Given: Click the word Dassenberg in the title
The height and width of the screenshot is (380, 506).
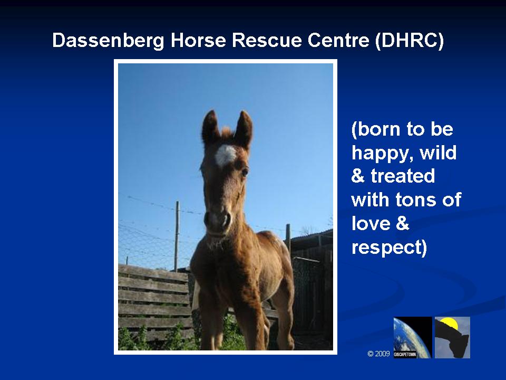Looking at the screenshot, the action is tap(109, 41).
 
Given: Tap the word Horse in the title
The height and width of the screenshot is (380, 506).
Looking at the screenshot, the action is tap(198, 41).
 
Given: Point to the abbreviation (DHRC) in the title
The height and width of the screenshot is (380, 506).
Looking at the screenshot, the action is tap(410, 41).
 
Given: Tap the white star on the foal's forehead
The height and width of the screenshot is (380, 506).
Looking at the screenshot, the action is tap(226, 155).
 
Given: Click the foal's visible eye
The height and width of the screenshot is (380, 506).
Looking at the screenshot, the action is tap(245, 172).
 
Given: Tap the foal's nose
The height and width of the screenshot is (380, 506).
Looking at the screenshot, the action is tap(218, 220).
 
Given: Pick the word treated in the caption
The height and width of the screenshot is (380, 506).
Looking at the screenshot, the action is tap(403, 176).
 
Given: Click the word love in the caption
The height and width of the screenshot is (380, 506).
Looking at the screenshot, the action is tap(371, 223).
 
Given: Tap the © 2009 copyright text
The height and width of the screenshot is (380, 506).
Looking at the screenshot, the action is tap(379, 354).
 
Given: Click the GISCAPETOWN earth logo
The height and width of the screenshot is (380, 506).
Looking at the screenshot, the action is tap(413, 337).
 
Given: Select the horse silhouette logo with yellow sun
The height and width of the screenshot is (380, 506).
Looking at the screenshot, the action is tap(452, 337).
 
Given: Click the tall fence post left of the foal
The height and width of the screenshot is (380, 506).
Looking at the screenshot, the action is tap(177, 236).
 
